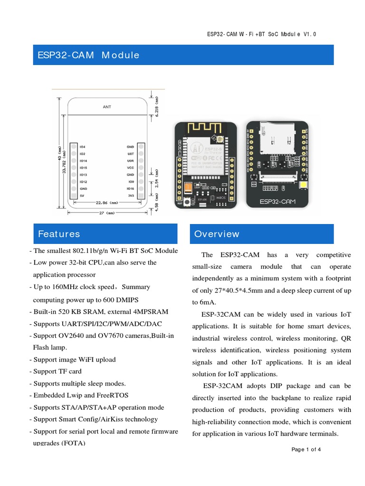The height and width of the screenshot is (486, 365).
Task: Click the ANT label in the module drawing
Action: point(107,107)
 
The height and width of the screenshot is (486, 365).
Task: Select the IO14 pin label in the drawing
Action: point(83,161)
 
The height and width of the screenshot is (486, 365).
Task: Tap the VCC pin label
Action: point(130,168)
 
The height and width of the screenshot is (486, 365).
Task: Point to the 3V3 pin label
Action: point(130,196)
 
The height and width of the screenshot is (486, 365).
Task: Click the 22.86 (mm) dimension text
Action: point(106,203)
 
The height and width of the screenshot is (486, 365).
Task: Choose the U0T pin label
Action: point(130,154)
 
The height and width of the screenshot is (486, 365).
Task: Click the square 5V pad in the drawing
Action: point(74,196)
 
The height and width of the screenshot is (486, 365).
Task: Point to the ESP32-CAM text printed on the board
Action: point(277,201)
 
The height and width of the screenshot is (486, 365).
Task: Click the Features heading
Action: point(59,234)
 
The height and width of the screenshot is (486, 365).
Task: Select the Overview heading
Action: point(217,234)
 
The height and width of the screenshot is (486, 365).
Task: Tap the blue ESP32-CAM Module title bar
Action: point(183,55)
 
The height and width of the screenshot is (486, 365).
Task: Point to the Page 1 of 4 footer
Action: point(307,449)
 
